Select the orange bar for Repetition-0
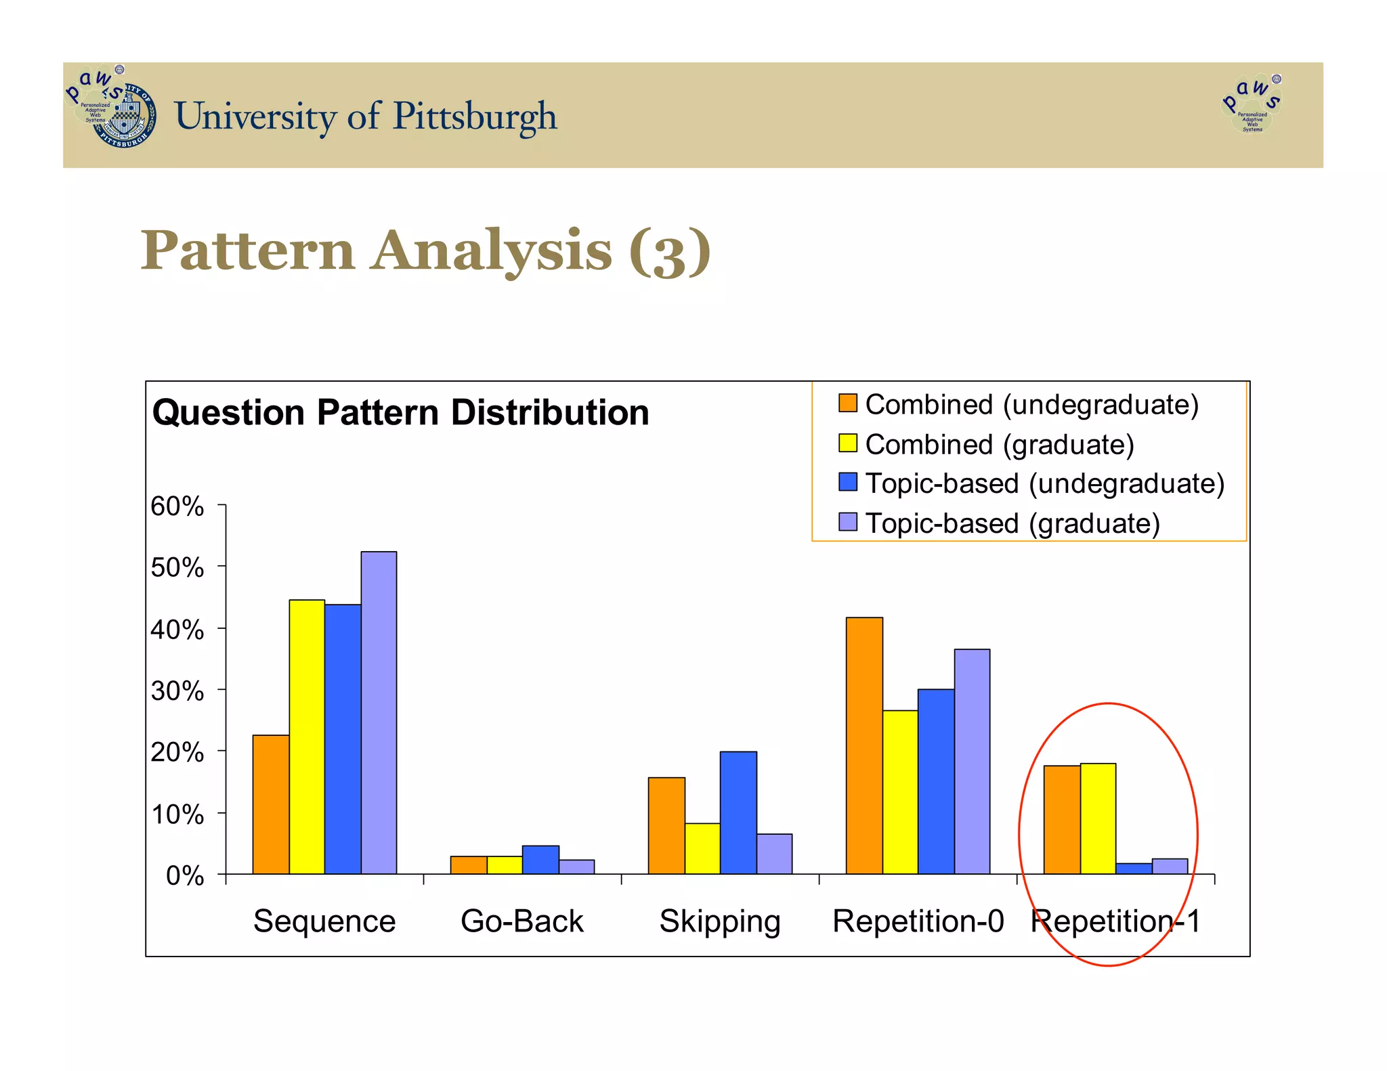tap(864, 745)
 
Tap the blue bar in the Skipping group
tap(738, 812)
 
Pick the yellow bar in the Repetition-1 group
tap(1098, 818)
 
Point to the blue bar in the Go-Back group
tap(540, 860)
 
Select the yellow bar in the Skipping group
tap(702, 848)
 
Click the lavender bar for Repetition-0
tap(972, 761)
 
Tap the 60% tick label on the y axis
tap(177, 506)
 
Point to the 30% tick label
tap(177, 691)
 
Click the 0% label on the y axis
tap(184, 876)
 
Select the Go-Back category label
tap(521, 921)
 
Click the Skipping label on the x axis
tap(720, 921)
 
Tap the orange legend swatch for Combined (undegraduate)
tap(847, 403)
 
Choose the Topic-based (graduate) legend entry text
tap(1012, 523)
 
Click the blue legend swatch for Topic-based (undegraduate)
tap(847, 483)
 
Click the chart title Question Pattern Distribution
tap(400, 412)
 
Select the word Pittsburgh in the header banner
tap(475, 116)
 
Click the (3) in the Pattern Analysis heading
tap(669, 251)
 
